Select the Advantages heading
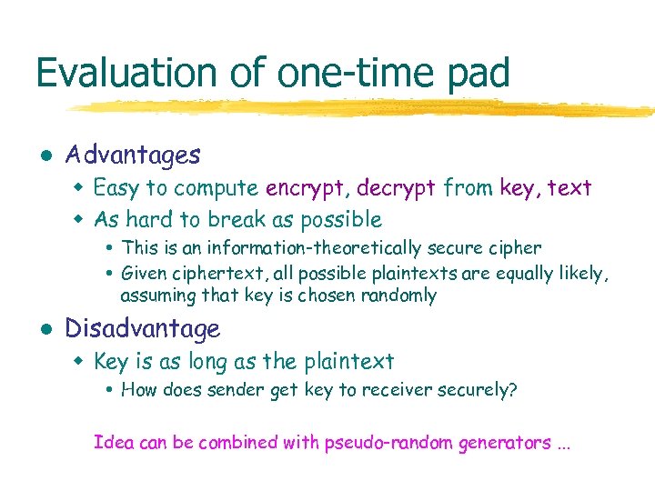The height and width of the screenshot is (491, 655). point(133,155)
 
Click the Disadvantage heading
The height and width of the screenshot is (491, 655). point(143,328)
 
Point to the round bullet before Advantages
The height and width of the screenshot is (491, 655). point(44,156)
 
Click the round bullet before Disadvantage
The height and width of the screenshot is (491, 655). point(44,329)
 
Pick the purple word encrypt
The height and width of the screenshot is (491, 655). point(307,188)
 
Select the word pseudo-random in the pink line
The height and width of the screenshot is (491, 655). point(381,443)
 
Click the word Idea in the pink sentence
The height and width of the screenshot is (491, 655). point(112,443)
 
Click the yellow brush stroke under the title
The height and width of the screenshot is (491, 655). point(346,108)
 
